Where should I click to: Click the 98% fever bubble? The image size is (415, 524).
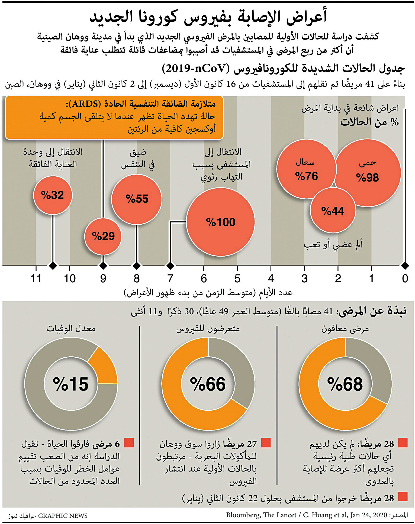368,173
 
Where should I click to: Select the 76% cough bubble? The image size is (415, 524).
306,169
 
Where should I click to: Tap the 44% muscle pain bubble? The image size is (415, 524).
333,211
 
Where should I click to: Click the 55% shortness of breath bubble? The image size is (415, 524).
137,199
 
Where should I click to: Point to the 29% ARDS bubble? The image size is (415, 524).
103,236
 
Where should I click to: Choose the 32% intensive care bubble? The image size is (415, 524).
53,195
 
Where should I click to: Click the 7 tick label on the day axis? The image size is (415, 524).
170,278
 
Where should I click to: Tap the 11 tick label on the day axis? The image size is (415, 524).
36,278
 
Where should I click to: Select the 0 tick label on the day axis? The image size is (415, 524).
405,278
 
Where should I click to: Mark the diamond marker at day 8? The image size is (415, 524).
137,266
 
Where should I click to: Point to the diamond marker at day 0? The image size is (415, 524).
405,266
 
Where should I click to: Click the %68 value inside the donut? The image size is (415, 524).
345,384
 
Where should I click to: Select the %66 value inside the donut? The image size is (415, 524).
208,384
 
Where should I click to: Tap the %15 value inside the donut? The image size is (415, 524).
70,384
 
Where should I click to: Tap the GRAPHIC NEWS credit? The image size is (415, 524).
63,516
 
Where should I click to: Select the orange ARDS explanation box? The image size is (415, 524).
114,117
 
